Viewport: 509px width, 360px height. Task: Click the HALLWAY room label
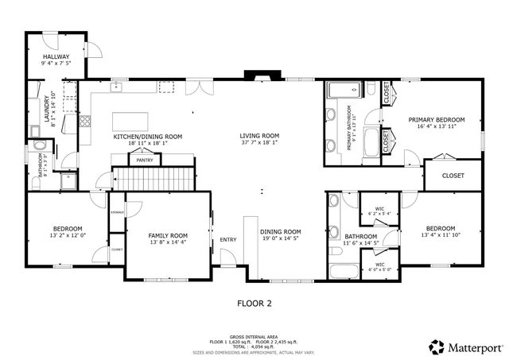click(x=56, y=56)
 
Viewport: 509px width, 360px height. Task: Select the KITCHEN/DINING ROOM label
click(x=147, y=137)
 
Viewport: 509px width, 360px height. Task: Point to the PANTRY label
click(x=144, y=161)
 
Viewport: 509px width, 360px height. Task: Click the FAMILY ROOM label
click(x=168, y=235)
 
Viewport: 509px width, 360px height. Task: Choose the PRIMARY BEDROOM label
click(x=437, y=120)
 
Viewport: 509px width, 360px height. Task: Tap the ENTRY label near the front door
click(x=228, y=240)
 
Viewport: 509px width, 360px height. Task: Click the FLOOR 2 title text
click(x=254, y=303)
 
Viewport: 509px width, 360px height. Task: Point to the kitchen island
click(x=131, y=121)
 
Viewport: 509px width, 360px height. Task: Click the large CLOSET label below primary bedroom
click(x=453, y=176)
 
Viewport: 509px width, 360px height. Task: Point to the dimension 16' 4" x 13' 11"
click(x=437, y=127)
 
